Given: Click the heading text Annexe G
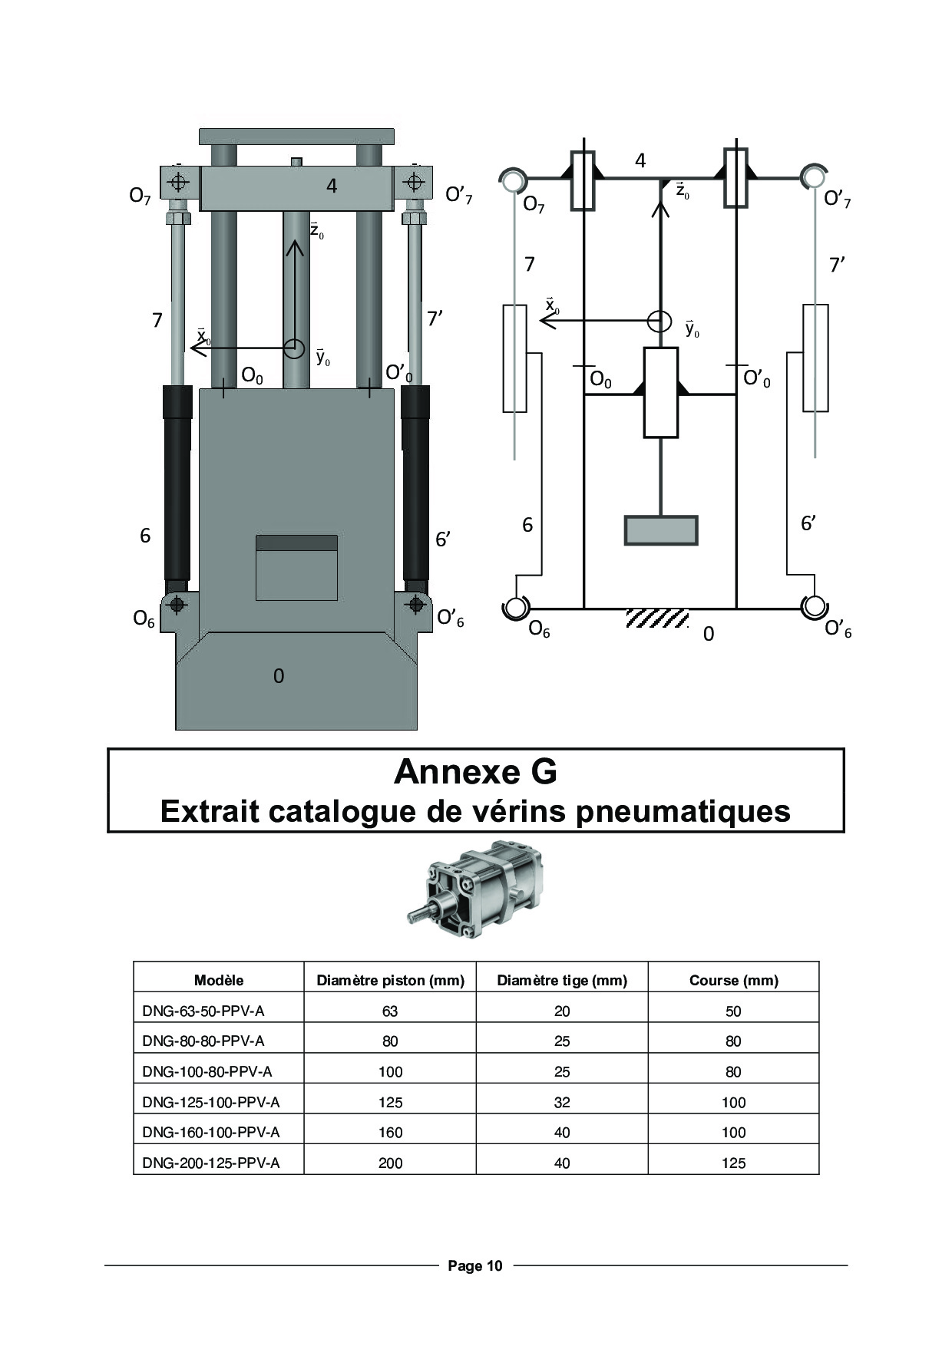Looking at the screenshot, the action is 475,771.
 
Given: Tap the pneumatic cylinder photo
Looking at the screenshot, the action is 475,889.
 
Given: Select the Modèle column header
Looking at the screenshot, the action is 219,980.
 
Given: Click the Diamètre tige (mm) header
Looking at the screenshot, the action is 562,980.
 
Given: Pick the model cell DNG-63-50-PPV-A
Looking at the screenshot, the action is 203,1011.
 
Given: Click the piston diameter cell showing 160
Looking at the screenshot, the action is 390,1132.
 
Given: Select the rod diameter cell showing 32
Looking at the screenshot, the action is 562,1102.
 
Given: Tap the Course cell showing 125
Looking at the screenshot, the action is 733,1163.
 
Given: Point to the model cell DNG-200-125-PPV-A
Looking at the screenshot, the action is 211,1163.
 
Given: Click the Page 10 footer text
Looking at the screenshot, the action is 475,1265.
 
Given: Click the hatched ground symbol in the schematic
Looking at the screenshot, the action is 657,619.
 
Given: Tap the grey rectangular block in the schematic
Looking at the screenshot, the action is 661,530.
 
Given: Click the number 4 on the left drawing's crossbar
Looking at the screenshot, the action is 332,186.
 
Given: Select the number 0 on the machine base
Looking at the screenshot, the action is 279,675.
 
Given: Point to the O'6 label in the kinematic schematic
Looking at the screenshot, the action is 838,629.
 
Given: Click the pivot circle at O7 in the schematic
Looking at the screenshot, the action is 511,180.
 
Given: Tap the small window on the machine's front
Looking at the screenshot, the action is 296,568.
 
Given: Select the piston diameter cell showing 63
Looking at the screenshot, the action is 390,1011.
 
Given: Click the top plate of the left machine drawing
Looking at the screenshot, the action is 296,137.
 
